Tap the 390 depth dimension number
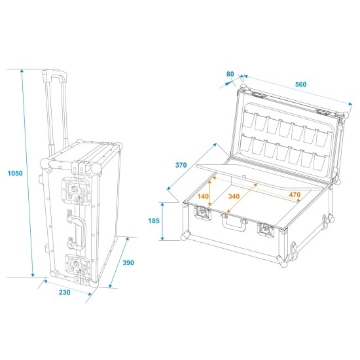(x=128, y=262)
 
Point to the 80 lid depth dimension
(x=230, y=74)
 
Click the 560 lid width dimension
(x=300, y=84)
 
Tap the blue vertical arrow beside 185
(x=180, y=221)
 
